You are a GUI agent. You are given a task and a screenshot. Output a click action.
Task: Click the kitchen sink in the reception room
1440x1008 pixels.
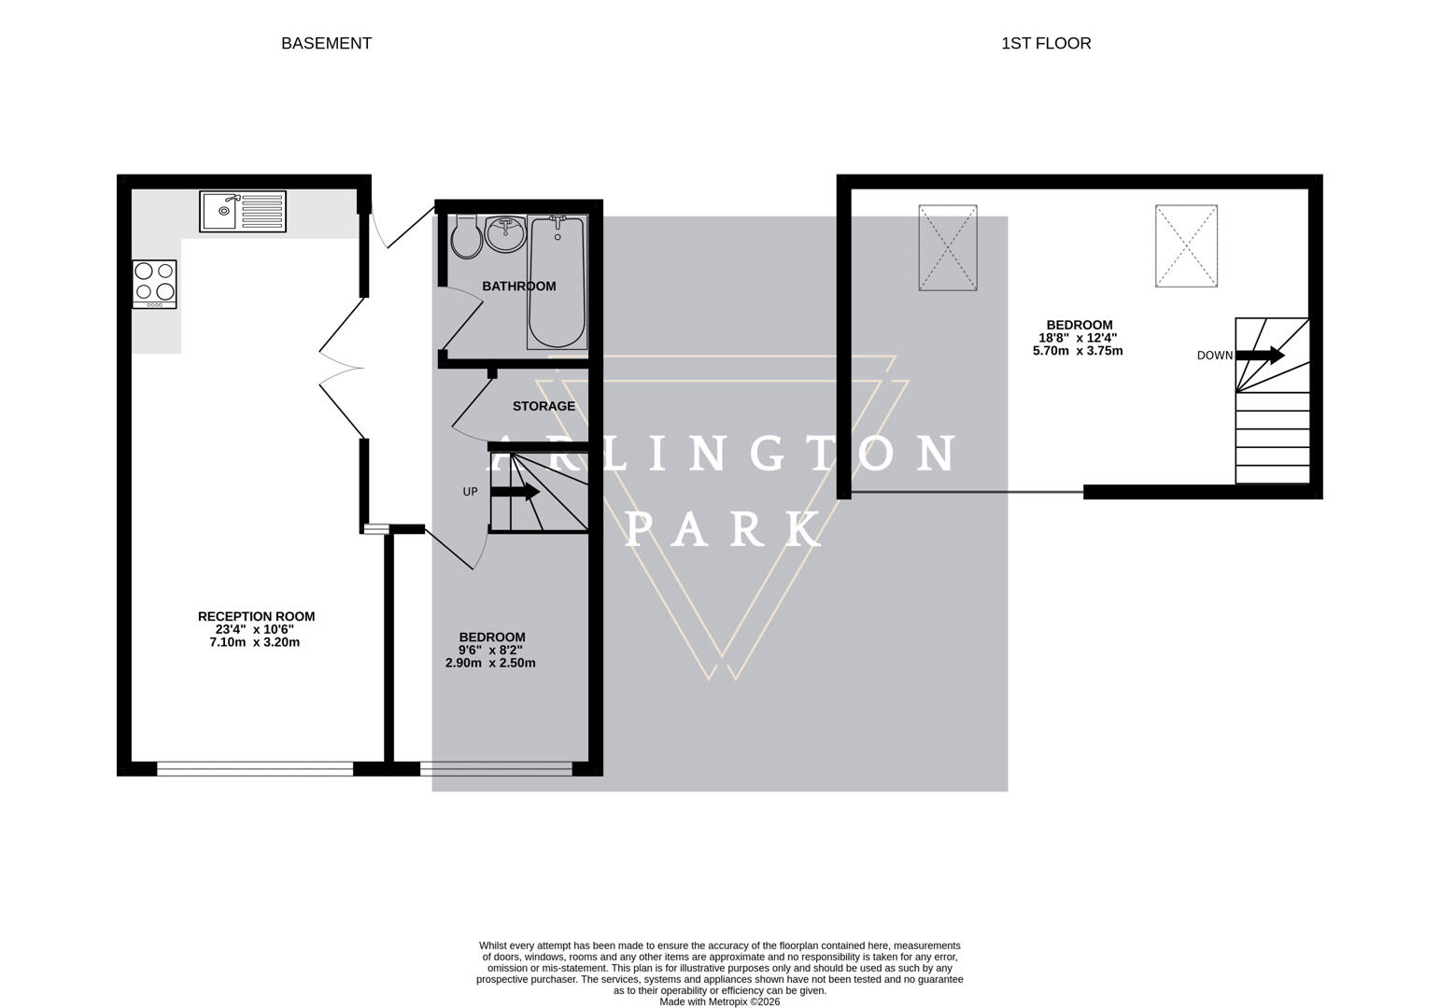[x=243, y=211]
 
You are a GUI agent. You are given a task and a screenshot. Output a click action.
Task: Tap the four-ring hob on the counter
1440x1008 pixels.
[x=154, y=283]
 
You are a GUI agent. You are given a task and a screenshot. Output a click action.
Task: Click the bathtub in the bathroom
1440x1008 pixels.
[x=558, y=282]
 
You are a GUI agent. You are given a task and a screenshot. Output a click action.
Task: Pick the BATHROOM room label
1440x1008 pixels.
[x=518, y=287]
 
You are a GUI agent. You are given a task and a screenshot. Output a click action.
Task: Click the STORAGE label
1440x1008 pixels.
[x=544, y=406]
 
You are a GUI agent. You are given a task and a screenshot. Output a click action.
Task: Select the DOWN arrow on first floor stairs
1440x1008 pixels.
[x=1260, y=355]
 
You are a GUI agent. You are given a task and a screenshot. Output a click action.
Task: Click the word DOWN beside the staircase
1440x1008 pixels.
[x=1214, y=356]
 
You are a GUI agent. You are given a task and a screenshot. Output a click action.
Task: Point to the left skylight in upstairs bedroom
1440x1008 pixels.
[x=948, y=247]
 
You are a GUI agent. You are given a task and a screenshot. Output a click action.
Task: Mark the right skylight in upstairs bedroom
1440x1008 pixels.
[x=1186, y=245]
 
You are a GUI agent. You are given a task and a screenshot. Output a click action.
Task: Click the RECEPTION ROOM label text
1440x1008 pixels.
[x=256, y=617]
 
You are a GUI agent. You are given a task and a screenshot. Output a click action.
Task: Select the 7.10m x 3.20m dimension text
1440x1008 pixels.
[x=255, y=642]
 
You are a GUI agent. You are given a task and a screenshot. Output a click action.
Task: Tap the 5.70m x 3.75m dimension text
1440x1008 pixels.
[x=1077, y=351]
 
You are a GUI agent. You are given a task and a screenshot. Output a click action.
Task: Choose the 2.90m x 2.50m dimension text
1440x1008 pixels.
[x=490, y=663]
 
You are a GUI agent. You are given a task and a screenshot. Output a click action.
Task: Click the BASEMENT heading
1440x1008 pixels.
[x=326, y=43]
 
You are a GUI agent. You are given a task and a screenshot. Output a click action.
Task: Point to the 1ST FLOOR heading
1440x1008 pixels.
[x=1045, y=43]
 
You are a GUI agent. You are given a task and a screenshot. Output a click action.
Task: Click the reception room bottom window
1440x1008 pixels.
[x=255, y=769]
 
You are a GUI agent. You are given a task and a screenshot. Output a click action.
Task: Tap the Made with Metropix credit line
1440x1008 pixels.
[x=719, y=1001]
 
